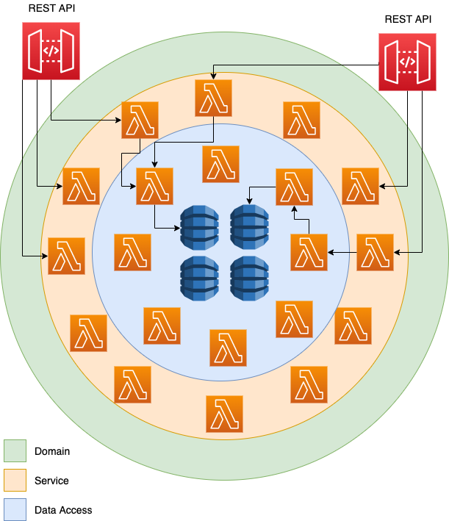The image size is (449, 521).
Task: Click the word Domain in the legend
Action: [52, 451]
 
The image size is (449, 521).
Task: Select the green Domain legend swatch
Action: [15, 451]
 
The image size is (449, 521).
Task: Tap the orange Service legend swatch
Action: [15, 481]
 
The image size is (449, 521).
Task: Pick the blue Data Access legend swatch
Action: [15, 509]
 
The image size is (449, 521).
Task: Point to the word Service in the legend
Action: [51, 481]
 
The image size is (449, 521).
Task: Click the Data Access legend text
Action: [63, 509]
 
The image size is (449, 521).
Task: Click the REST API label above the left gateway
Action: [51, 8]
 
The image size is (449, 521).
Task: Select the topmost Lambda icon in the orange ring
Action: [213, 98]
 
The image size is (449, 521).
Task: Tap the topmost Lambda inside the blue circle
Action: [220, 164]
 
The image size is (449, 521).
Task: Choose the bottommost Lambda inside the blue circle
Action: [228, 348]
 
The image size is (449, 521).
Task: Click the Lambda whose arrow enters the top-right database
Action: [294, 186]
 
